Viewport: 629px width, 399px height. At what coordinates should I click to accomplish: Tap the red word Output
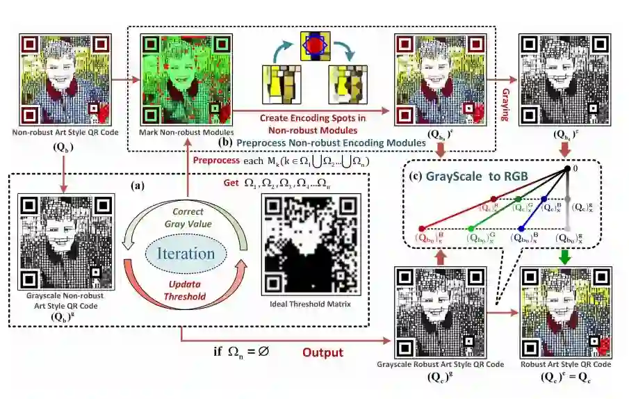[x=322, y=352]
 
